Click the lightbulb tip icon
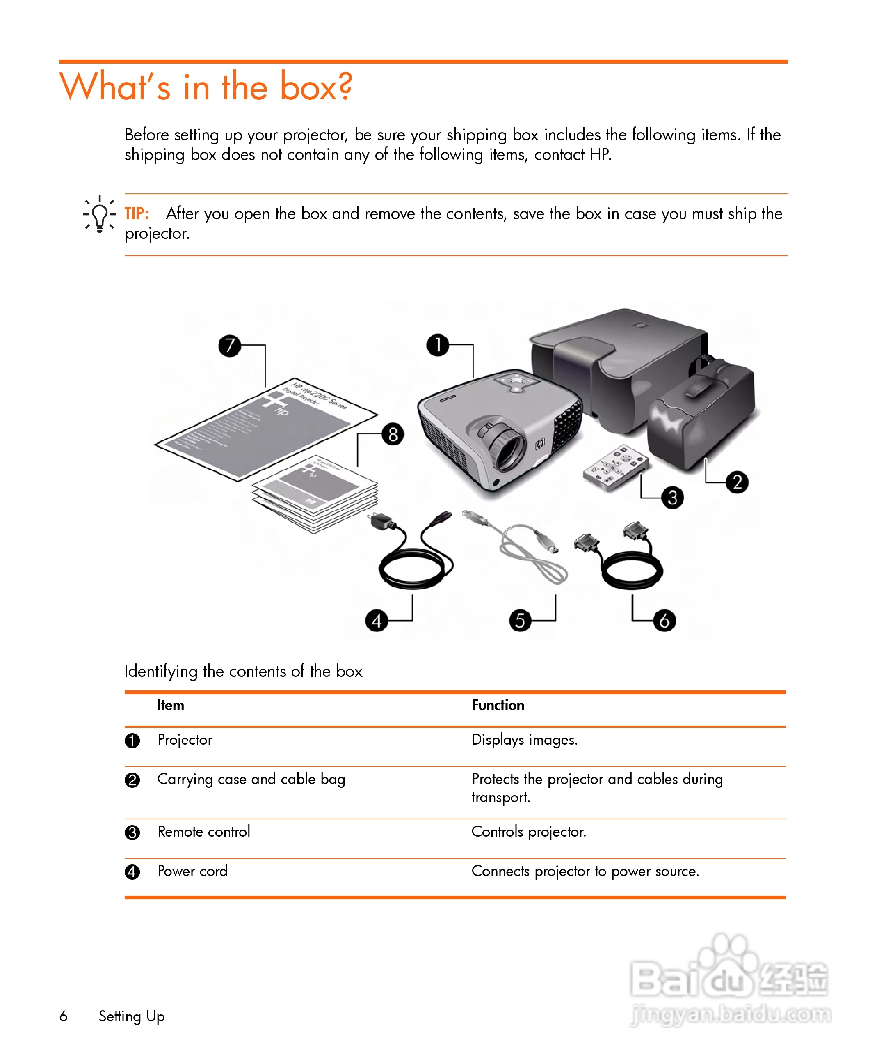[100, 214]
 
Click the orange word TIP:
[137, 214]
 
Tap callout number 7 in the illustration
[229, 346]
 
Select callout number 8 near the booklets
[393, 434]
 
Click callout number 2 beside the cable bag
[737, 482]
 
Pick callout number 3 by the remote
[672, 498]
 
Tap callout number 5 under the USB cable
[520, 621]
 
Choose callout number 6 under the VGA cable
[664, 621]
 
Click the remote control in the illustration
[615, 467]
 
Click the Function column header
[498, 705]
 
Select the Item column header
[171, 705]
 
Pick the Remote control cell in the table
[203, 832]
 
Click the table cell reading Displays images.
[525, 740]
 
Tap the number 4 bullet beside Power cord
[132, 871]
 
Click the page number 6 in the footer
[63, 1016]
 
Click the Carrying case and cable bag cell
[251, 779]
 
